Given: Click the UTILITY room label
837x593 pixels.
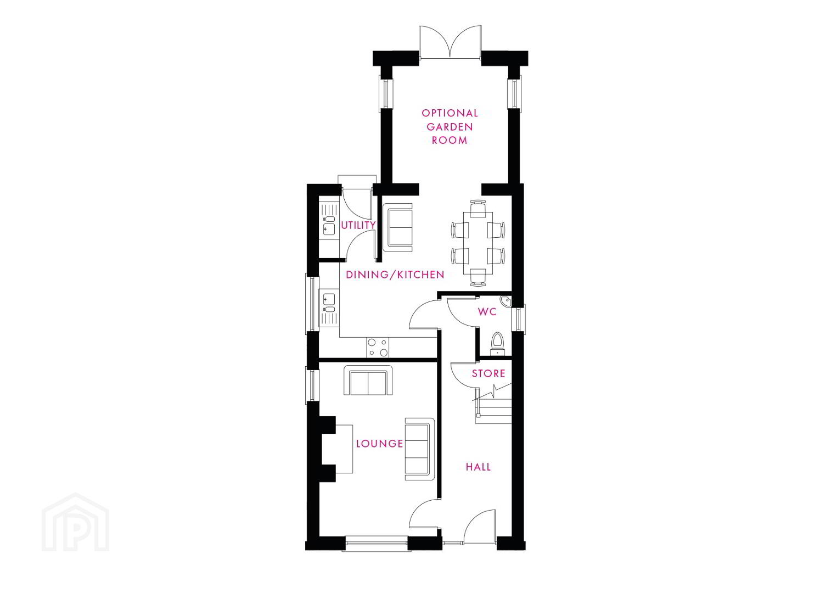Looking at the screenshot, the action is [358, 225].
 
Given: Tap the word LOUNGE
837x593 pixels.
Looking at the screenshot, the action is [380, 444].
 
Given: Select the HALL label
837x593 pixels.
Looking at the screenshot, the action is [478, 467].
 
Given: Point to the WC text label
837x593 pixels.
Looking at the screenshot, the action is [487, 311].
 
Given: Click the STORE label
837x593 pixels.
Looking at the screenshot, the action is [488, 373].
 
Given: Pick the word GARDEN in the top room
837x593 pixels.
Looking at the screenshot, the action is [450, 127].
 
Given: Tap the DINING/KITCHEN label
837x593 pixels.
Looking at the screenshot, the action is [395, 275].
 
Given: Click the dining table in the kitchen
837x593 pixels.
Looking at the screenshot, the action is [478, 243].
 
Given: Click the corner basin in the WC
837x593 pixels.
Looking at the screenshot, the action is [505, 301].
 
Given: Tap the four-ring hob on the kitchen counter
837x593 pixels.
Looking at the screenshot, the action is [378, 348].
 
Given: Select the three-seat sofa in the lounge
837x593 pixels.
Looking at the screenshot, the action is [420, 449].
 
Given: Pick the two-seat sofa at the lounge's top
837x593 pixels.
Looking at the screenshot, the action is [368, 381].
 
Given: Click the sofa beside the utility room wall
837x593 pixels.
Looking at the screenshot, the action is [397, 227].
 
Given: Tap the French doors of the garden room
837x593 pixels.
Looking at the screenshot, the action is [450, 42].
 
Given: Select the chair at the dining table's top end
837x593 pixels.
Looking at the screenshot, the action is [478, 208].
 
